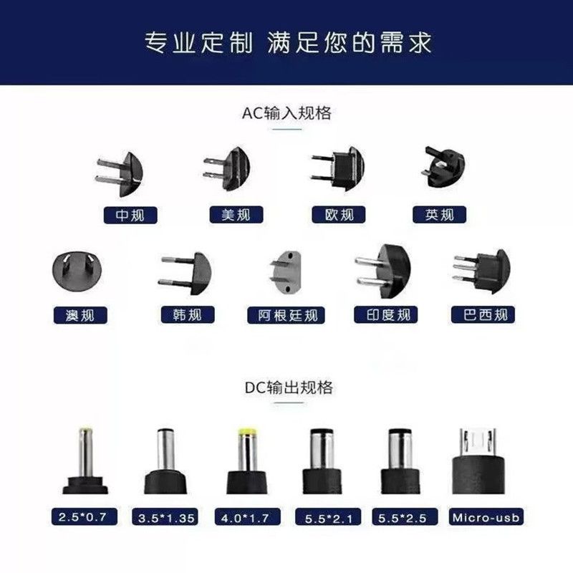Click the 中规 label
tap(130, 215)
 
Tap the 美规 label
tap(236, 214)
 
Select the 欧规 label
tap(338, 214)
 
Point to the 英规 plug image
tap(444, 167)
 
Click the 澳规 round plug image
tap(77, 271)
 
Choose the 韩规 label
tap(188, 314)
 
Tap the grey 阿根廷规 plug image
tap(286, 272)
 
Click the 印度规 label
tap(385, 314)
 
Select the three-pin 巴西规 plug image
tap(481, 271)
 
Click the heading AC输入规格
tap(287, 113)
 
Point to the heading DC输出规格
tap(289, 387)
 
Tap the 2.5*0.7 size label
tap(85, 516)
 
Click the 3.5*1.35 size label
tap(165, 517)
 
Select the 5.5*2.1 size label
tap(328, 517)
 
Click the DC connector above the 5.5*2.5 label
tap(400, 461)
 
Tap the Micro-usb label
tap(486, 517)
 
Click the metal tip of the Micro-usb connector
tap(478, 442)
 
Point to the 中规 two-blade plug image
tap(120, 174)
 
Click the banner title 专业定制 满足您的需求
tap(288, 43)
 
